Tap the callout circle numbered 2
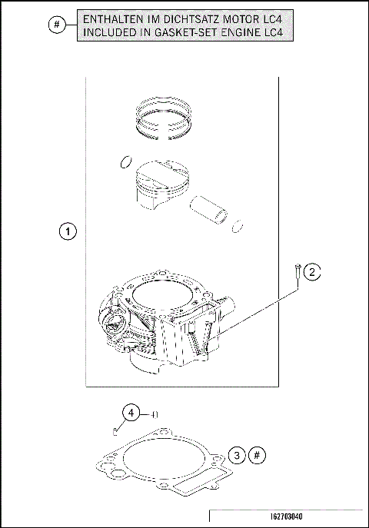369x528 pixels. click(x=311, y=271)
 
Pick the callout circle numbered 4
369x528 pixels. click(x=132, y=413)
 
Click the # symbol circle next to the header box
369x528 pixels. click(x=57, y=25)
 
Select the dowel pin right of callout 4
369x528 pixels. click(x=154, y=413)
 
